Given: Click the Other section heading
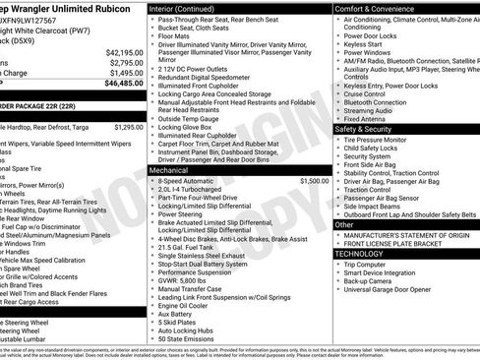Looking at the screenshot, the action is pyautogui.click(x=345, y=224).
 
